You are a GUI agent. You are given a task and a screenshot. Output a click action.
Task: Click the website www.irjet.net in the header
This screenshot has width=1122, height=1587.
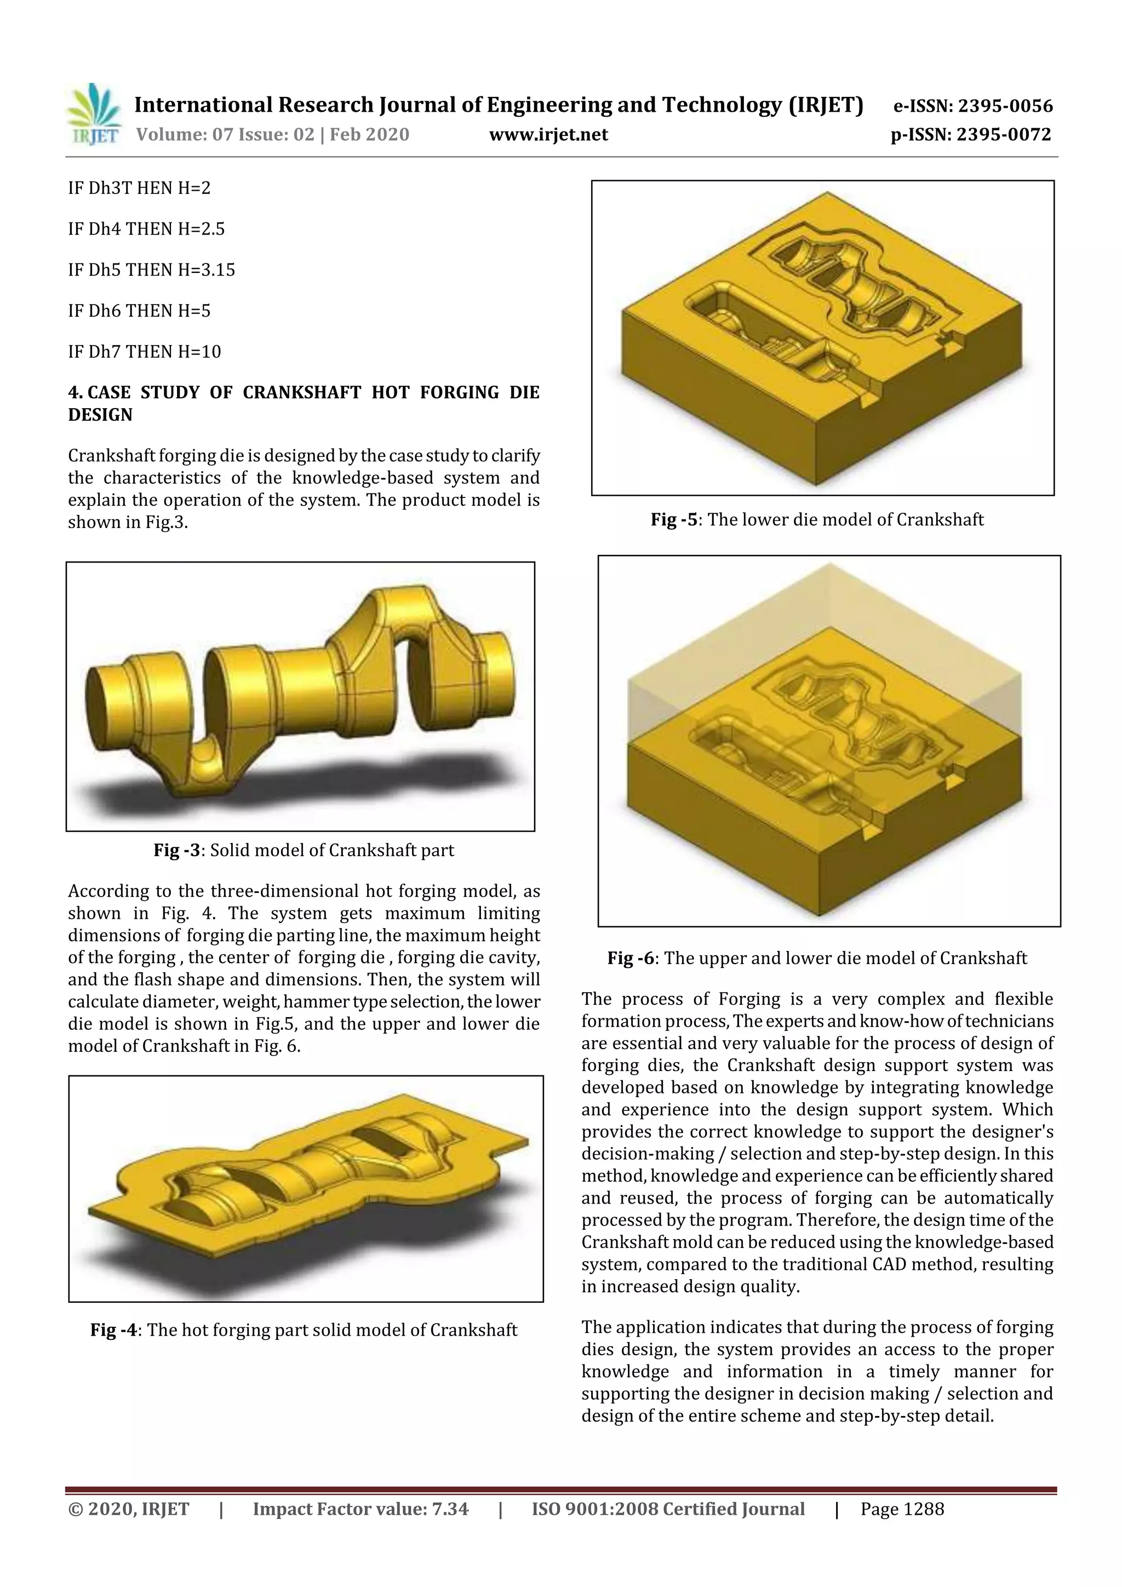coord(548,135)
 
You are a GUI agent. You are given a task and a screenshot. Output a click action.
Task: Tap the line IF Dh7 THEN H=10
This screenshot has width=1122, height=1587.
coord(145,352)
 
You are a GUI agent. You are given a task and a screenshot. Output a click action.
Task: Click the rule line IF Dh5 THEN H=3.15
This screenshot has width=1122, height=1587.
coord(151,270)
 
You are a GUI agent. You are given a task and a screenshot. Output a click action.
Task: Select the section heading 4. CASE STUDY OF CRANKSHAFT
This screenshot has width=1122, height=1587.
coord(303,403)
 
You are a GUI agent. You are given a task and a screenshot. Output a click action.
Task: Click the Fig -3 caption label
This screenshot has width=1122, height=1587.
coord(176,850)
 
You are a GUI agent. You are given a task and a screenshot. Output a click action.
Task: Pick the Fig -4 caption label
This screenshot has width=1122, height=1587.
coord(113,1330)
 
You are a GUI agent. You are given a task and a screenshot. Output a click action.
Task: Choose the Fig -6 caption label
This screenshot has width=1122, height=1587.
coord(633,958)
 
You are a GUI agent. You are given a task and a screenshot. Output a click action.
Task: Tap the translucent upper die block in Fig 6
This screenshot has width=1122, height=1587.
coord(823,636)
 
